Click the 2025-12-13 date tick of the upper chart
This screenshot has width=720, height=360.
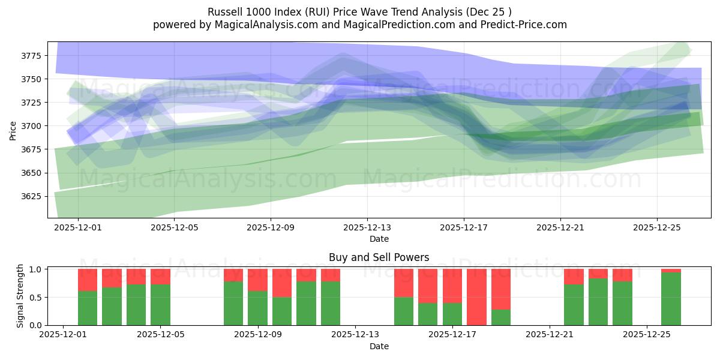tap(367, 227)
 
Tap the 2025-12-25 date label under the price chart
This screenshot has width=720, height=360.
tap(656, 227)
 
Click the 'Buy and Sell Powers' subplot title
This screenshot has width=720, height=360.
tap(379, 257)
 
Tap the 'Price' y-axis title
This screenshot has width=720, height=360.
tap(13, 130)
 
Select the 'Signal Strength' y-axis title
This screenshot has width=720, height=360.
tap(20, 295)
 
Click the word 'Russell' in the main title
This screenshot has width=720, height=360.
tap(224, 12)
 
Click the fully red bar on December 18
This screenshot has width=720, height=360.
tap(476, 297)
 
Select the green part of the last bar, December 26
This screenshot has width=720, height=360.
tap(671, 299)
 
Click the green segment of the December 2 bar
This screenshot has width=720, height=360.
tap(88, 308)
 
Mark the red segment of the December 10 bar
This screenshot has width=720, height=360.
tap(282, 283)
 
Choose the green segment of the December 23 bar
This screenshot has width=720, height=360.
tap(598, 302)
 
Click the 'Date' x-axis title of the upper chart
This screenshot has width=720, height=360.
tap(379, 239)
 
